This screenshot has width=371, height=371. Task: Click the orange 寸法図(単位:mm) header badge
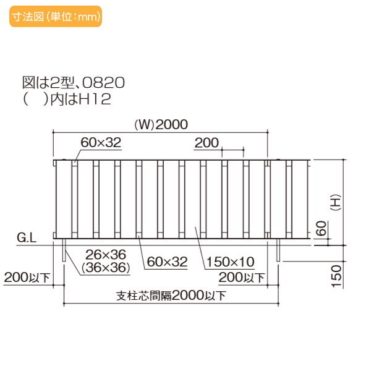[x=55, y=17]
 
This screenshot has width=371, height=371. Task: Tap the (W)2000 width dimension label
[x=161, y=124]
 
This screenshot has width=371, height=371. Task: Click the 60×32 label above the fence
[x=100, y=143]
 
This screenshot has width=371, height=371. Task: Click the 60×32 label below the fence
[x=166, y=262]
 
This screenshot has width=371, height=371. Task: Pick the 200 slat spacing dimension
[x=207, y=143]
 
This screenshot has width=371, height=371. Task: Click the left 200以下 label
[x=26, y=278]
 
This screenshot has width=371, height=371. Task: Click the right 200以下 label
[x=242, y=278]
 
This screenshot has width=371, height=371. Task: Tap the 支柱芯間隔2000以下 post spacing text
[x=171, y=295]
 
